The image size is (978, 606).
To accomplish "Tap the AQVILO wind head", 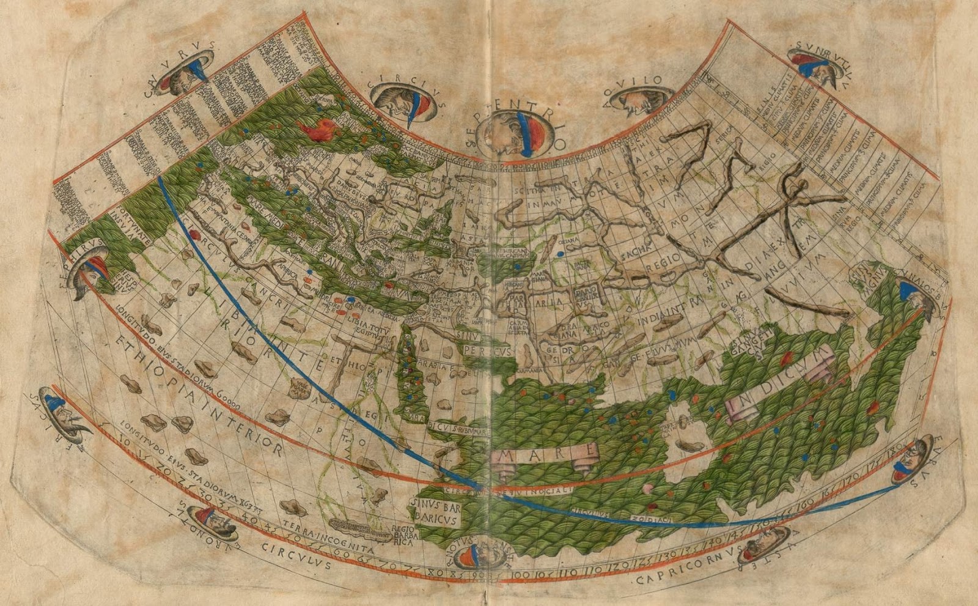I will [638, 102].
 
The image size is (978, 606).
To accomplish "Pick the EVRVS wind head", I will [912, 462].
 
